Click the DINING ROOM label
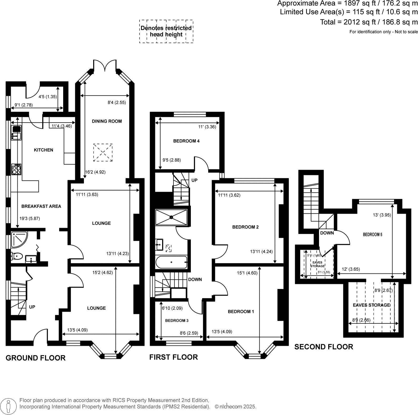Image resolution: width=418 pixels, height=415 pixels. [x=107, y=121]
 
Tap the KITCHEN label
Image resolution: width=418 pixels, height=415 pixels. [x=43, y=150]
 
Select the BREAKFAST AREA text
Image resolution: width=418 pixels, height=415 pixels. [x=41, y=206]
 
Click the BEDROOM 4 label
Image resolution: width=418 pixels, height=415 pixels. [x=186, y=141]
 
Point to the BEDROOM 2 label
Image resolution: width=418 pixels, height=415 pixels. [x=245, y=227]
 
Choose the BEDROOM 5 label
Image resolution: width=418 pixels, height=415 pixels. [x=372, y=235]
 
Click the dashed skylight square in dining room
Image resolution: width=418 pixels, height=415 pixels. [x=103, y=153]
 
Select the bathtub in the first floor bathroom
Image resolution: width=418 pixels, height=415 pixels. [x=171, y=262]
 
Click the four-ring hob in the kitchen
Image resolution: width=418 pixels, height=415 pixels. [x=16, y=169]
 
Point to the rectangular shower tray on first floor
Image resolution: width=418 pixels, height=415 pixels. [x=171, y=217]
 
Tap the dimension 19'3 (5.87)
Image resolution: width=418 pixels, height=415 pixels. [x=30, y=218]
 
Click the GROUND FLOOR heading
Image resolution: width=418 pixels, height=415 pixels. [x=36, y=358]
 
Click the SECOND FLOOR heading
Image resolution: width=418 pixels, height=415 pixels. [x=324, y=347]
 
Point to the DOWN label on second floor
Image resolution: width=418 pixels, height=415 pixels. [x=327, y=233]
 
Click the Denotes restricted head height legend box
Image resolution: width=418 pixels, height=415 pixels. [x=166, y=31]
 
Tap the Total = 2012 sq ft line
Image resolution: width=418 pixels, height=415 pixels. [x=369, y=22]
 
